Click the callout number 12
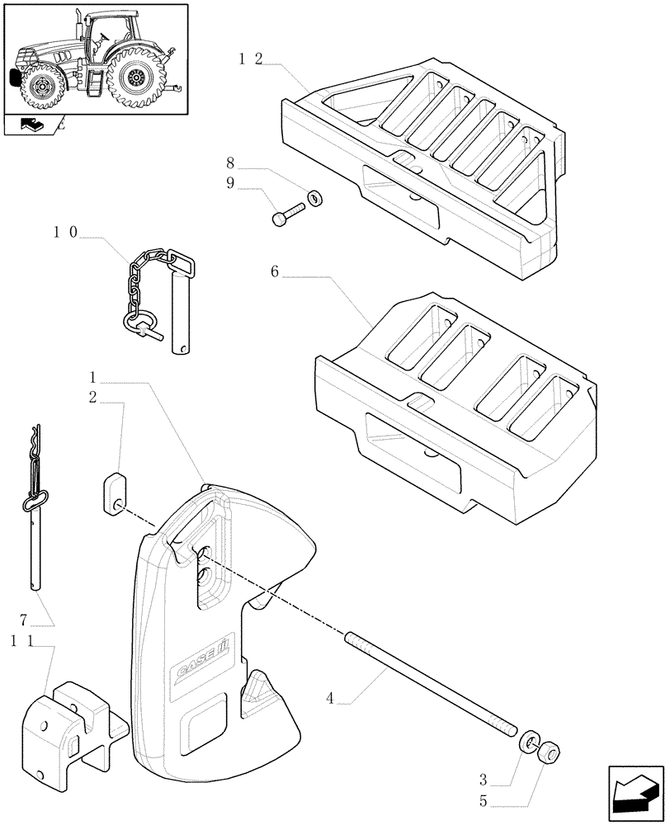(250, 59)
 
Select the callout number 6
(274, 271)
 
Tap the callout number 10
(65, 233)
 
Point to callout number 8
(231, 163)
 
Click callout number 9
(231, 182)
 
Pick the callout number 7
(24, 618)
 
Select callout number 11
(22, 641)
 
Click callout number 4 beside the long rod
(331, 699)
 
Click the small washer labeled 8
(314, 198)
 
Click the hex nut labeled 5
(548, 752)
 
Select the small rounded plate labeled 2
(115, 493)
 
